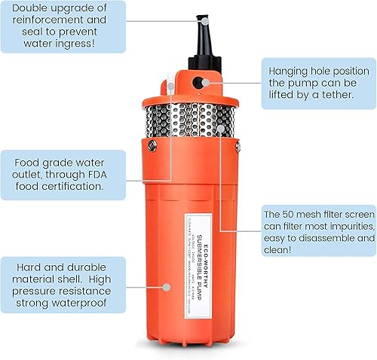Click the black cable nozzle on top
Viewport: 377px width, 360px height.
(x=202, y=30)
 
